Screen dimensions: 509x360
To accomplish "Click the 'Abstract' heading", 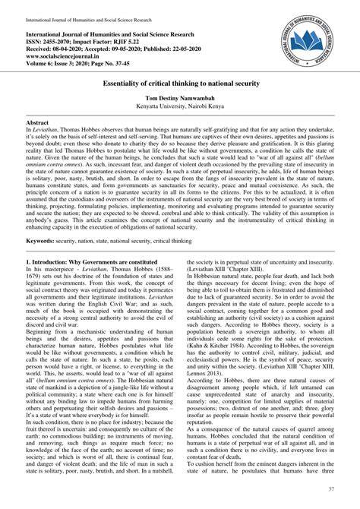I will click(x=39, y=143).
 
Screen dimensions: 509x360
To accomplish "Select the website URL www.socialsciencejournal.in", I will click(x=68, y=56).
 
